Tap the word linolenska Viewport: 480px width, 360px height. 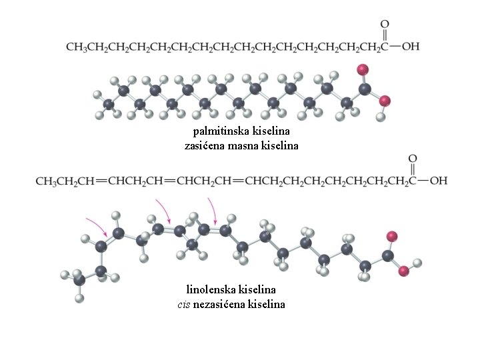click(x=211, y=289)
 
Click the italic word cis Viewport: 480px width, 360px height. click(x=184, y=304)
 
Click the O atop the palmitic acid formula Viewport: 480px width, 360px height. click(x=385, y=24)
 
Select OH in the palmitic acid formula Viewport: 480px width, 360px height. click(x=410, y=47)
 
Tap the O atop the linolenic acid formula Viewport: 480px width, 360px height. click(x=413, y=158)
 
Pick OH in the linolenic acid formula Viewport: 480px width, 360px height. click(x=439, y=181)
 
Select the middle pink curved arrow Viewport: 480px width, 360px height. click(x=164, y=210)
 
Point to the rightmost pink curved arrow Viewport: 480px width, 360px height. click(x=213, y=210)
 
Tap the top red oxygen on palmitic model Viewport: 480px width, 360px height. click(x=363, y=70)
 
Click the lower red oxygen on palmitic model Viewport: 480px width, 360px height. click(x=385, y=101)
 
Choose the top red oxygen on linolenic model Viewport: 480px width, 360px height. click(x=392, y=237)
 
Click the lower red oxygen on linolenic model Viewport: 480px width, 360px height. click(x=403, y=271)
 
